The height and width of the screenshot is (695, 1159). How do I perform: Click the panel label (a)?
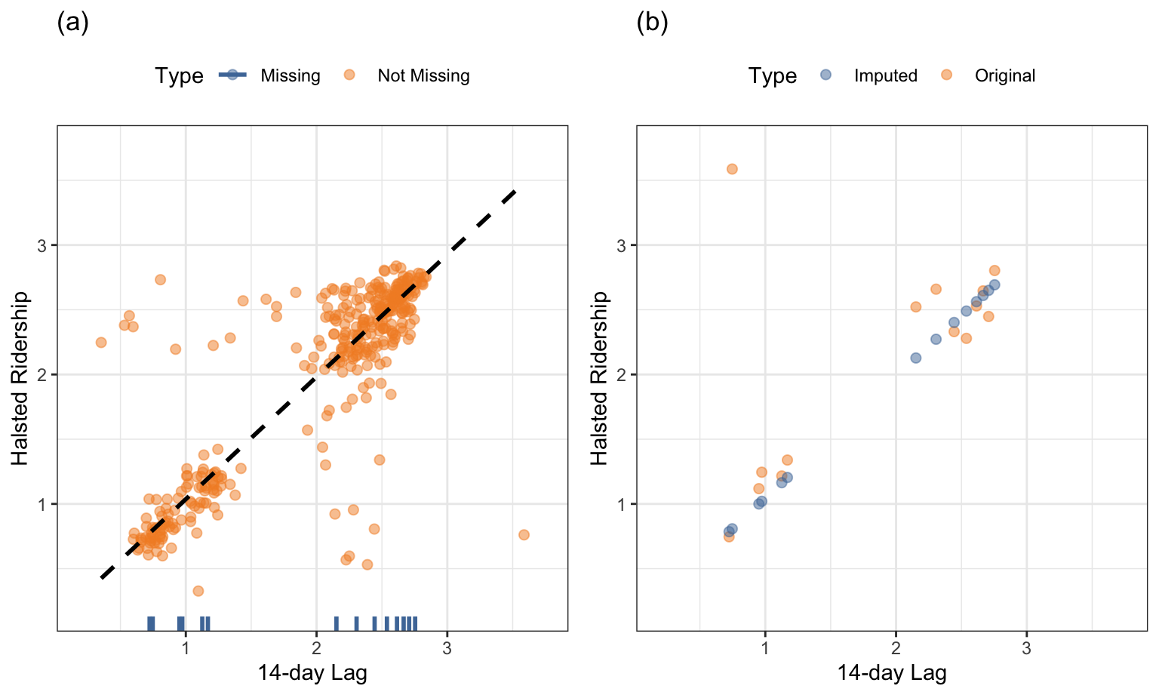(73, 23)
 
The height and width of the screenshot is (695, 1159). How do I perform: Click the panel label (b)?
(652, 23)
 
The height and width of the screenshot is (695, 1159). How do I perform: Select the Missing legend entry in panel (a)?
(290, 75)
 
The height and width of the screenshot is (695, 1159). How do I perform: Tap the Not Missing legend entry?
(423, 75)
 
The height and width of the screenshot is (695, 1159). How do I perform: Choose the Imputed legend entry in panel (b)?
(885, 75)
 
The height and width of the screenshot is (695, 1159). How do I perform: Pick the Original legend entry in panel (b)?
(1004, 75)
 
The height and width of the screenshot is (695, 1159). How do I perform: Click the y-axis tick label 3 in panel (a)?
(42, 246)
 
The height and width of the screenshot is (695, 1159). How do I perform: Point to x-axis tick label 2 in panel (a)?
(316, 647)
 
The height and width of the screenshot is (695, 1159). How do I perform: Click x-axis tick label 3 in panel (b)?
(1026, 647)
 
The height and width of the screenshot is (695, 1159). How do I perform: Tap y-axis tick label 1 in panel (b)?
(621, 504)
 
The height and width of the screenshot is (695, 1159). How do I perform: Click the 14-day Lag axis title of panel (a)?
(312, 672)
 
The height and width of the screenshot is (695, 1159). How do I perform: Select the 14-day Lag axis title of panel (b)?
(892, 672)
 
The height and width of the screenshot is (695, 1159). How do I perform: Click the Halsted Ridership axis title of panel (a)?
(20, 378)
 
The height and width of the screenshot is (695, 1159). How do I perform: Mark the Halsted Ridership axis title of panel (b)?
(600, 378)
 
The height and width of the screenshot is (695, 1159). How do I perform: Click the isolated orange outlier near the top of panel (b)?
(732, 169)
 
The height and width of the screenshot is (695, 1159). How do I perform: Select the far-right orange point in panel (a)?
(524, 535)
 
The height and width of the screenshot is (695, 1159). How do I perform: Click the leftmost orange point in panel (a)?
(101, 343)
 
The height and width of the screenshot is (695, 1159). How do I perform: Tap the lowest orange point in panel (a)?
(198, 591)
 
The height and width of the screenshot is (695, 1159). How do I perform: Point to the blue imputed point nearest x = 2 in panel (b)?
(915, 358)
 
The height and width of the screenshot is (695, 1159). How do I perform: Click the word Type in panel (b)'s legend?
(772, 75)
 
